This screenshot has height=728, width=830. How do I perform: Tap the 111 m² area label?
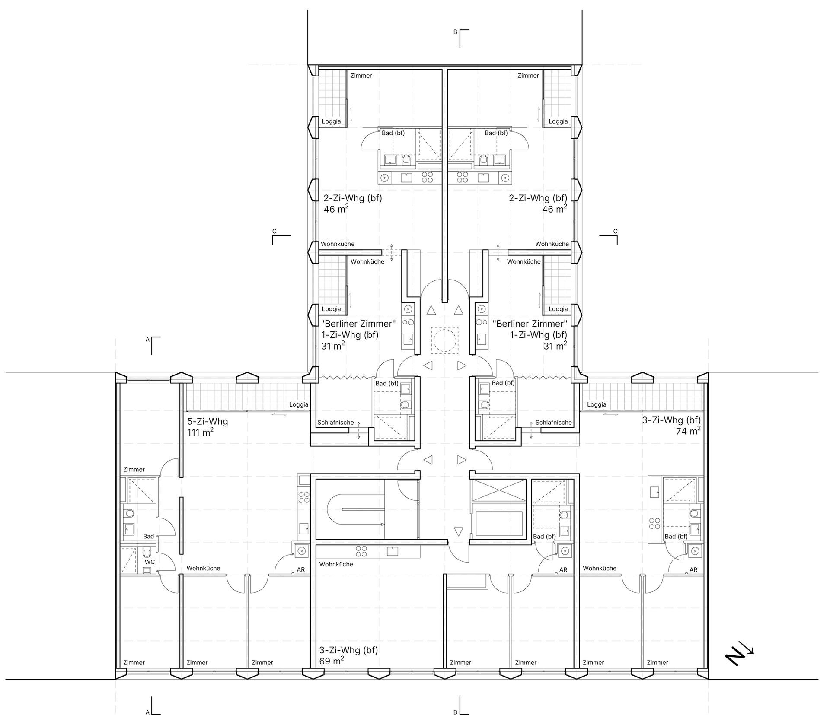click(x=200, y=432)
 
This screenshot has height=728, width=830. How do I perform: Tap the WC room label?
click(x=150, y=562)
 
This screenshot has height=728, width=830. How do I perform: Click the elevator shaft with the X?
click(x=498, y=490)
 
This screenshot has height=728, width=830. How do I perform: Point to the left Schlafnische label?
click(x=335, y=423)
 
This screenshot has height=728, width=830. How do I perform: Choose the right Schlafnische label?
click(x=553, y=423)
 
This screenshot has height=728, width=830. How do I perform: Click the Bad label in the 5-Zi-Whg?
click(x=148, y=537)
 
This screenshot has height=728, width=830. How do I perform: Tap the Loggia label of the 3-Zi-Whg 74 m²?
click(x=597, y=405)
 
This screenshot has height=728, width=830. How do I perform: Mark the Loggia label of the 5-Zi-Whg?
click(x=299, y=405)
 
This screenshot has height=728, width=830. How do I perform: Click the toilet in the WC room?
click(x=147, y=553)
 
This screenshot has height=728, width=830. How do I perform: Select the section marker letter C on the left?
click(x=275, y=232)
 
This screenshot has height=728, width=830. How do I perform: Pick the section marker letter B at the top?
click(x=455, y=32)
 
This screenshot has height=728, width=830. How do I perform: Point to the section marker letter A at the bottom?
click(x=147, y=712)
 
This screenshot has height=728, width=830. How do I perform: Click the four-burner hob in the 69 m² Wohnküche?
click(x=361, y=551)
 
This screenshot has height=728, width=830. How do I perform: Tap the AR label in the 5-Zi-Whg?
click(x=301, y=570)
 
